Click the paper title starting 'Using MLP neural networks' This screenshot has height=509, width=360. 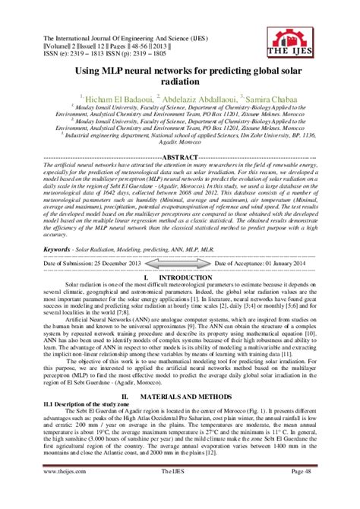[x=181, y=74]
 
